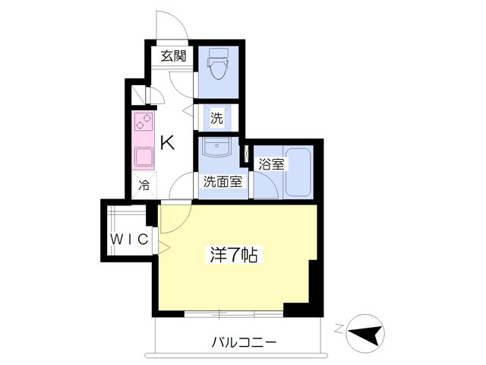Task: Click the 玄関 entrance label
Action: [x=174, y=56]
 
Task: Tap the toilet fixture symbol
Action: [x=219, y=63]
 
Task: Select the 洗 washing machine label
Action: [x=216, y=118]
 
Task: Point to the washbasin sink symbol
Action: [x=216, y=147]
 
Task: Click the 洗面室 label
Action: [x=222, y=181]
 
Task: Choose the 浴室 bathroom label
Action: [x=272, y=164]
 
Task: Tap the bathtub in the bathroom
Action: [x=298, y=172]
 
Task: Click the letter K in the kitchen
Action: [x=167, y=143]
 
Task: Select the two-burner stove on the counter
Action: [x=144, y=122]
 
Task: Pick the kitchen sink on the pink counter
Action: [x=144, y=157]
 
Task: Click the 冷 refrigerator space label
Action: [x=144, y=186]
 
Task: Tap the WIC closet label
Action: [x=130, y=240]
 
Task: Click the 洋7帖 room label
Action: [x=234, y=255]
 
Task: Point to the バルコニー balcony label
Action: [x=244, y=343]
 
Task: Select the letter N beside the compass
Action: [x=340, y=328]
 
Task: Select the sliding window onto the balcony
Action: [x=234, y=314]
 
